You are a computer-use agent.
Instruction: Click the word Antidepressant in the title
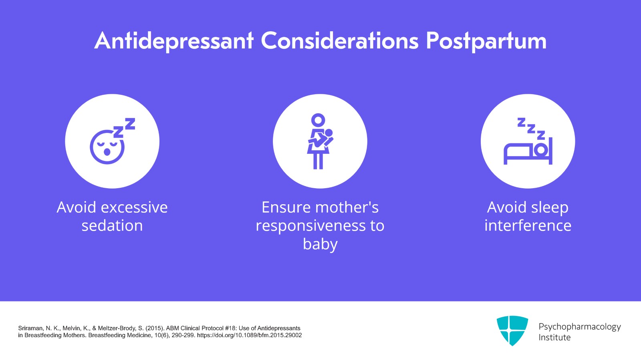pos(174,41)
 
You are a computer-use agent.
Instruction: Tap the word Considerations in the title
pos(340,41)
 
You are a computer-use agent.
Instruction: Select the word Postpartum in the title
pos(486,41)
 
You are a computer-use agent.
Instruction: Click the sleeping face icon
pos(107,147)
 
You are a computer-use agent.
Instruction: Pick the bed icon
pos(528,151)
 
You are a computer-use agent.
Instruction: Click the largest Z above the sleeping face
pos(130,123)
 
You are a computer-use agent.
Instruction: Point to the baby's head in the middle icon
pos(329,133)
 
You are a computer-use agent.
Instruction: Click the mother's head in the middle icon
pos(318,120)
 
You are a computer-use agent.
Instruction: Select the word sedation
pos(112,226)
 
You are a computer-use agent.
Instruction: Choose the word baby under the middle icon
pos(320,244)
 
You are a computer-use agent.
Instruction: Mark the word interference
pos(528,226)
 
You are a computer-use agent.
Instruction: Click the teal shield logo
pos(512,330)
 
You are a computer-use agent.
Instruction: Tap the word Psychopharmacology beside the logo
pos(579,326)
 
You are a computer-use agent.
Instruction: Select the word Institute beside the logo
pos(554,337)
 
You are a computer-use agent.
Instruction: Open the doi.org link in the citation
pos(249,335)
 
